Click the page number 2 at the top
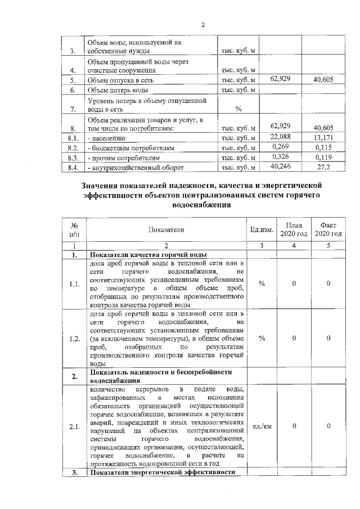(x=204, y=24)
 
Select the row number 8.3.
(x=72, y=158)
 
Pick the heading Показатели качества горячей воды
(x=148, y=254)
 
